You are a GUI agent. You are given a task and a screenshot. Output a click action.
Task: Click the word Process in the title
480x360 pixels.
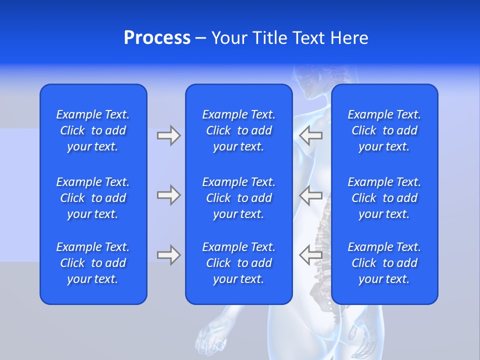pyautogui.click(x=157, y=38)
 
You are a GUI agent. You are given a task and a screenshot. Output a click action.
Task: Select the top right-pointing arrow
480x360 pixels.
pyautogui.click(x=168, y=135)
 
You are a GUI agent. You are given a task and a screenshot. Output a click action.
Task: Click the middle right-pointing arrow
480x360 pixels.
pyautogui.click(x=168, y=195)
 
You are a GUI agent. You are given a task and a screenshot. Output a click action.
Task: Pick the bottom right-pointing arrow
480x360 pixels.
pyautogui.click(x=168, y=255)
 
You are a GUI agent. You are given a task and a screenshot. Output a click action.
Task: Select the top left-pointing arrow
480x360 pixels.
pyautogui.click(x=310, y=135)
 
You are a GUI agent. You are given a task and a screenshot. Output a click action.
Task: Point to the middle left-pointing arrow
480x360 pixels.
pyautogui.click(x=310, y=195)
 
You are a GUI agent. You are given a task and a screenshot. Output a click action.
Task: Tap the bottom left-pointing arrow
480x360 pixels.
pyautogui.click(x=310, y=255)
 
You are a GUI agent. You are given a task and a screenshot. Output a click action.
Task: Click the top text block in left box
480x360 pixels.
pyautogui.click(x=93, y=130)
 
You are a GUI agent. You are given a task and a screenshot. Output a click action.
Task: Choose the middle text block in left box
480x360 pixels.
pyautogui.click(x=93, y=198)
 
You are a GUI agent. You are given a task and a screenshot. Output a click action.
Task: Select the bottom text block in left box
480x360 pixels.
pyautogui.click(x=93, y=263)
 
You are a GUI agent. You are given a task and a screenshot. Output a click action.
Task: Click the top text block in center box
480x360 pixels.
pyautogui.click(x=238, y=130)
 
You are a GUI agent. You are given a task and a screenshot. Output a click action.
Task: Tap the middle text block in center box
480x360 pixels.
pyautogui.click(x=238, y=198)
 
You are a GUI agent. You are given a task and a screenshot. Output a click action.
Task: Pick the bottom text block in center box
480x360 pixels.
pyautogui.click(x=238, y=263)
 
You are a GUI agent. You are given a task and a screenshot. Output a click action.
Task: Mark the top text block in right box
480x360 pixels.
pyautogui.click(x=384, y=130)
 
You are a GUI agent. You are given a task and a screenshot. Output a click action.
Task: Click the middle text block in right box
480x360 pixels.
pyautogui.click(x=384, y=198)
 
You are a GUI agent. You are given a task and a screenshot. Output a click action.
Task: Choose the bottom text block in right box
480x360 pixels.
pyautogui.click(x=384, y=263)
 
